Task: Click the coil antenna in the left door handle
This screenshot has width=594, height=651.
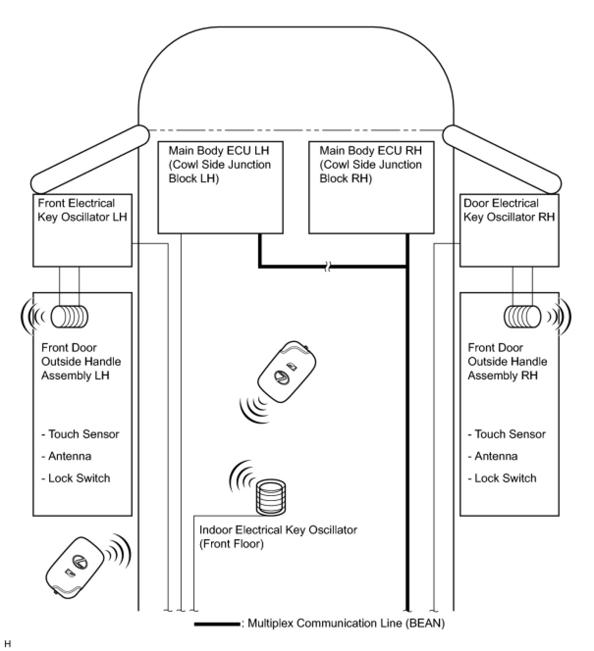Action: [70, 317]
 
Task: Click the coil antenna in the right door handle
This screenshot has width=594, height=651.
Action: [522, 317]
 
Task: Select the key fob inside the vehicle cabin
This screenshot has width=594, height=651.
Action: [287, 372]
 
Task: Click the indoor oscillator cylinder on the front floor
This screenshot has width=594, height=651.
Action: [271, 497]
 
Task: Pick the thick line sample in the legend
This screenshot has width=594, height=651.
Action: [217, 624]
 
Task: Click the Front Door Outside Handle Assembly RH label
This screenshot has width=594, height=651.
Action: [507, 361]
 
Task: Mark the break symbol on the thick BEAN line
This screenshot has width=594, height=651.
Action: [328, 267]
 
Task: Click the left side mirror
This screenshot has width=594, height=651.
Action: [90, 159]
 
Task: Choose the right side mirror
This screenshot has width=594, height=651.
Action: [502, 159]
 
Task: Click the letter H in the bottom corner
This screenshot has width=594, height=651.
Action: [8, 644]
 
